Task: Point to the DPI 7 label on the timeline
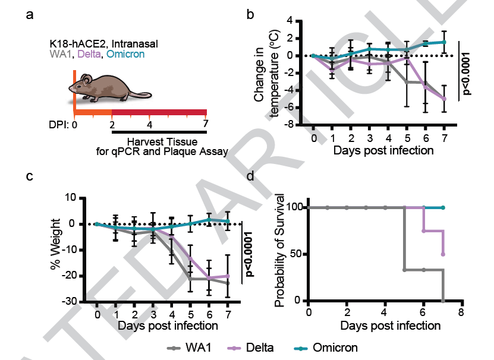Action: (205, 124)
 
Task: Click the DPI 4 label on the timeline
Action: (149, 124)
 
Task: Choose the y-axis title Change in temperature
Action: (266, 72)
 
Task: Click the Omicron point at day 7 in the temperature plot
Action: (444, 42)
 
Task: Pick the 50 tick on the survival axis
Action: (295, 254)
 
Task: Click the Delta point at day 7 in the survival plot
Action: (443, 254)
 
